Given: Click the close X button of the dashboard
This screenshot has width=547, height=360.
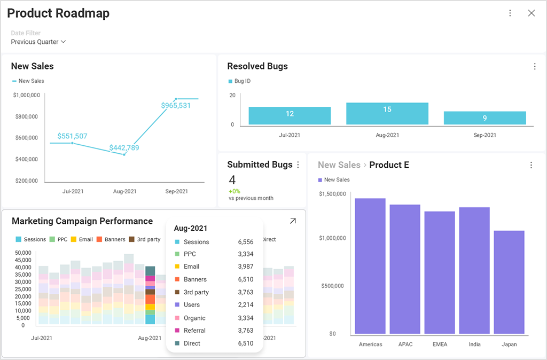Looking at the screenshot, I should [x=531, y=13].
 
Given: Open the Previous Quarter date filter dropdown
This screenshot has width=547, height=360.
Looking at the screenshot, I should [x=38, y=42].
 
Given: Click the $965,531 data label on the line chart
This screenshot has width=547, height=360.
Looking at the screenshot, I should [x=176, y=106].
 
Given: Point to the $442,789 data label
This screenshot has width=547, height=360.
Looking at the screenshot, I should [x=124, y=147].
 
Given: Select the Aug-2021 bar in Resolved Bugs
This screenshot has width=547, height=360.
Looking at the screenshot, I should [x=387, y=113].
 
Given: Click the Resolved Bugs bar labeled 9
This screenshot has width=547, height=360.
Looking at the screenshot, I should [x=485, y=118].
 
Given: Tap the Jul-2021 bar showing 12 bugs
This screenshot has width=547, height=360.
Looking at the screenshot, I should [x=290, y=115].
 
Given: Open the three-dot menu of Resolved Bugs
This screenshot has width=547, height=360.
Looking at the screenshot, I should [x=534, y=67].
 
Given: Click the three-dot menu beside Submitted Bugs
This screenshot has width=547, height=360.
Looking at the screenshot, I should [x=298, y=165].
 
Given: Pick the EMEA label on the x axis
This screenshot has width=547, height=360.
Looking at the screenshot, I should [x=440, y=345].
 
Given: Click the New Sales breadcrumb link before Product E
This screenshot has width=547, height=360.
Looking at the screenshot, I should [x=339, y=165].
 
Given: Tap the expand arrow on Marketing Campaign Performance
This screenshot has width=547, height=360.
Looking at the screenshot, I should [x=293, y=221].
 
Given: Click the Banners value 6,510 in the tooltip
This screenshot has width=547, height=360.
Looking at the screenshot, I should [x=245, y=279].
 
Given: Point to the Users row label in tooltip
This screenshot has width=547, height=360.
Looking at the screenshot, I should [x=191, y=305].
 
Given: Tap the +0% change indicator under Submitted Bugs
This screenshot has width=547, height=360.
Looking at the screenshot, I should [x=234, y=191].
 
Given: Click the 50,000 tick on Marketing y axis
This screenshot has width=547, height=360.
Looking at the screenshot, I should [x=23, y=253].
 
